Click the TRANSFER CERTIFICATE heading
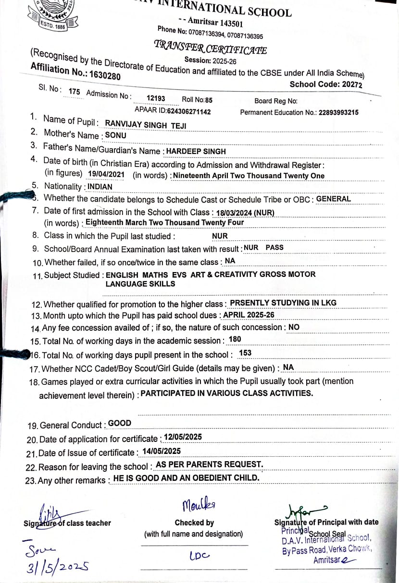(x=210, y=48)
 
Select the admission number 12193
(x=156, y=98)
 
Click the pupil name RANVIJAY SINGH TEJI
(x=146, y=124)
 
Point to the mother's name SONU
(x=116, y=135)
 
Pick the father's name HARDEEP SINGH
(x=196, y=151)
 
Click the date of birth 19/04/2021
(x=107, y=175)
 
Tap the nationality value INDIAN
(x=100, y=186)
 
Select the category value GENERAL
(x=334, y=199)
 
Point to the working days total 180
(x=235, y=339)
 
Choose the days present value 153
(x=245, y=353)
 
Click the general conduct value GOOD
(x=120, y=423)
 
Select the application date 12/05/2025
(x=183, y=437)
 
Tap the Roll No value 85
(x=209, y=100)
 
